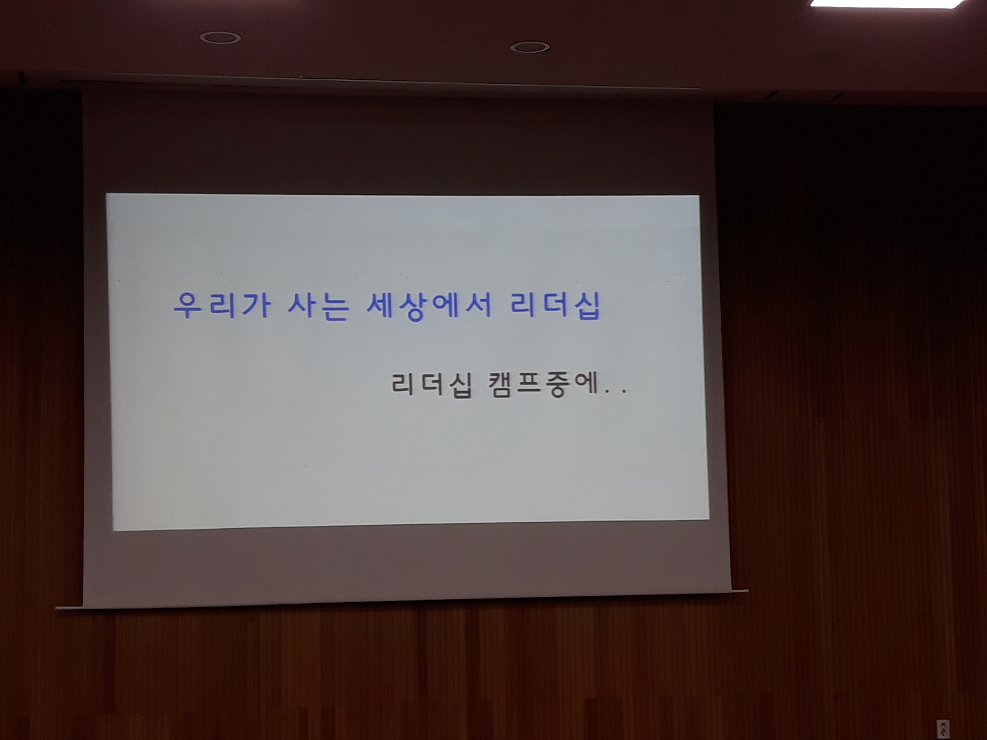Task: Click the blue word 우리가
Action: [x=222, y=306]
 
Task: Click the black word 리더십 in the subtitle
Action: [x=432, y=385]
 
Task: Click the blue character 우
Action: [x=189, y=306]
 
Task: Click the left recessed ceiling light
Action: [x=220, y=38]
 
